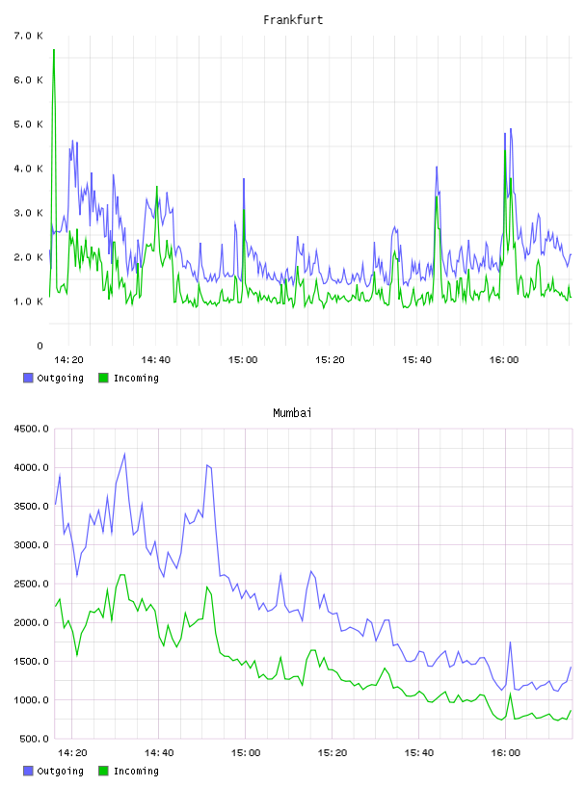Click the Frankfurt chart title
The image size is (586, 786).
pos(293,19)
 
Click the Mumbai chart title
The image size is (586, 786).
pos(292,412)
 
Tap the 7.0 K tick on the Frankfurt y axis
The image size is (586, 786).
pos(28,36)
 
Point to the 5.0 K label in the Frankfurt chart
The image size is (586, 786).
pos(28,124)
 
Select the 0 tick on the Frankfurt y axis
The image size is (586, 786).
pos(40,346)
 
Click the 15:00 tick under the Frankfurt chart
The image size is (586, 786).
pos(243,360)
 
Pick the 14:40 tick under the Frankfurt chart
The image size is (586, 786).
pos(155,360)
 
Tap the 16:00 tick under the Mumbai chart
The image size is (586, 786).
pos(505,753)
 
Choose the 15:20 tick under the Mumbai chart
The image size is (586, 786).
pos(333,753)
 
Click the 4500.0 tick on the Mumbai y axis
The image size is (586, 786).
pos(31,429)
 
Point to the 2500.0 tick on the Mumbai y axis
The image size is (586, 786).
pos(31,584)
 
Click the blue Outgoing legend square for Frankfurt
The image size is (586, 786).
pos(28,378)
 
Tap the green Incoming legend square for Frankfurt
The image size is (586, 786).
pos(103,378)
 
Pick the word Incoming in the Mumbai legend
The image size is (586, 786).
pos(136,771)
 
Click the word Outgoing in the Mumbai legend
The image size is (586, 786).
pos(60,771)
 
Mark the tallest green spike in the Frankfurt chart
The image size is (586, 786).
pos(54,50)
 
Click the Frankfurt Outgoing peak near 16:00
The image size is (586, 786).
pos(511,129)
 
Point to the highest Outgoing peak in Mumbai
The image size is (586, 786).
pos(124,454)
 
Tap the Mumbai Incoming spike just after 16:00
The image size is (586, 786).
pos(510,694)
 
